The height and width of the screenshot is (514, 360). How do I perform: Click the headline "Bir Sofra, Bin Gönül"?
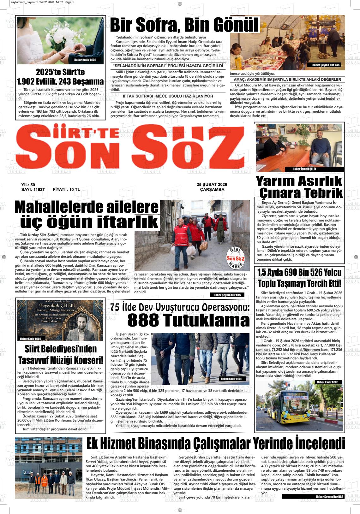(x=184, y=25)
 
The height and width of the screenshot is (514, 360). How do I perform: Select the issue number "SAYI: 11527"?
(x=33, y=190)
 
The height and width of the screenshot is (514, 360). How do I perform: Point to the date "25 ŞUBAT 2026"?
(x=212, y=185)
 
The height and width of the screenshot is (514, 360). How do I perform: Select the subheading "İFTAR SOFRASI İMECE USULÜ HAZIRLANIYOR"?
(x=168, y=96)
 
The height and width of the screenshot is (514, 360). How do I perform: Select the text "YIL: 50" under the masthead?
(x=28, y=185)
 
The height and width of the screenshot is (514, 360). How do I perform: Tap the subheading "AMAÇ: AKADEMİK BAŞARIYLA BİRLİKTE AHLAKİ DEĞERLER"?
(x=287, y=80)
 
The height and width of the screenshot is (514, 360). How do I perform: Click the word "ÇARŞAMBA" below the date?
(x=212, y=190)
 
